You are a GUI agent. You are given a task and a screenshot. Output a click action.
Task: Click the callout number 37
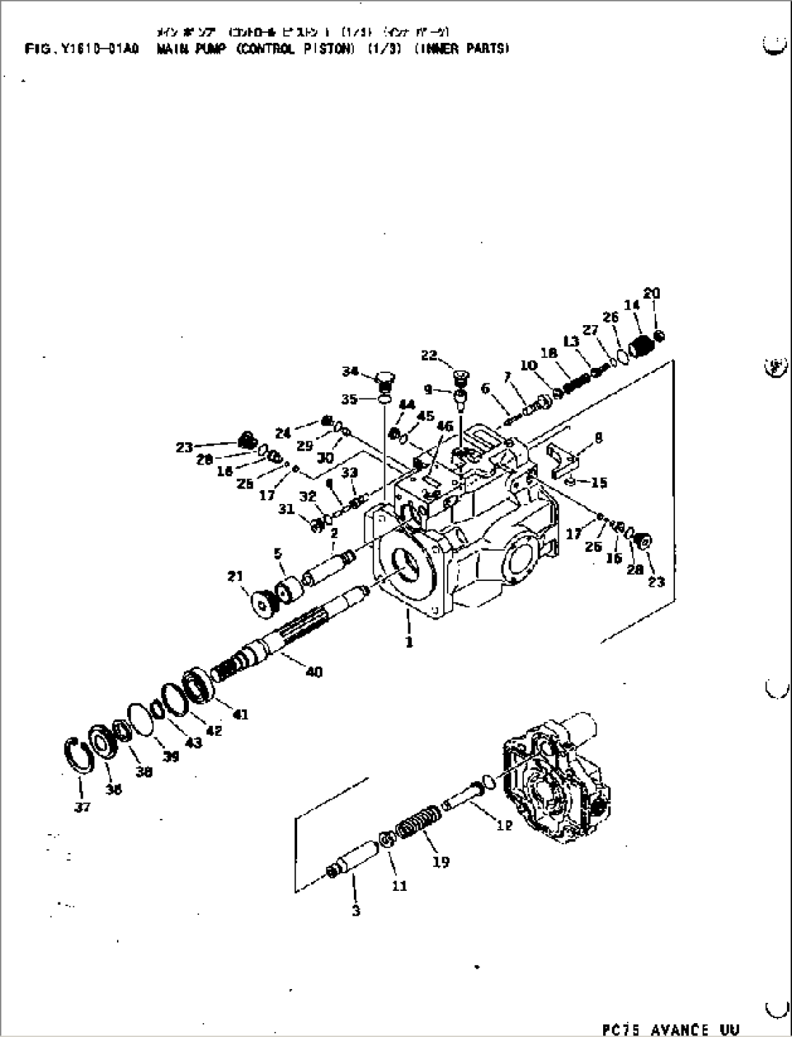point(82,806)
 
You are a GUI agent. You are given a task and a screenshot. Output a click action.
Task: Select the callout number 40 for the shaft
point(314,672)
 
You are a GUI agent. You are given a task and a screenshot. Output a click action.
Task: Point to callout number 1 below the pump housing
point(409,642)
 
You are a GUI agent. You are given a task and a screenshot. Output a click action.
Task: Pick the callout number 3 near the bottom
point(355,910)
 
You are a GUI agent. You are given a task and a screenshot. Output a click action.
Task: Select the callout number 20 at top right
point(651,294)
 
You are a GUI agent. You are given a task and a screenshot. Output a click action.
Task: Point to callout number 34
point(351,372)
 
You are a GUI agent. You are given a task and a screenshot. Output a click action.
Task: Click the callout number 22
point(429,355)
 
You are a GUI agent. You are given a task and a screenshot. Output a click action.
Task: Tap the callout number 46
point(445,426)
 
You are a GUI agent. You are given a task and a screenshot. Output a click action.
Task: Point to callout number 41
point(240,714)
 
